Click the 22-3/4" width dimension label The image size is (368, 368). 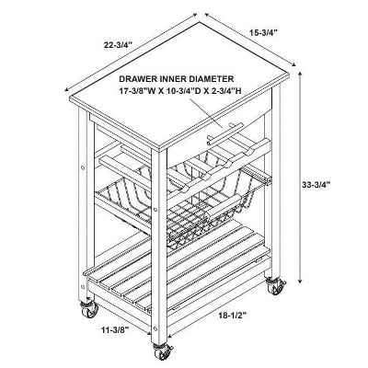pyautogui.click(x=118, y=45)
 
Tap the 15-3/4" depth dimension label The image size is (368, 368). pyautogui.click(x=263, y=31)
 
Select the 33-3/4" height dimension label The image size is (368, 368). pyautogui.click(x=316, y=185)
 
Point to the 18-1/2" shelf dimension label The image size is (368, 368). pyautogui.click(x=233, y=316)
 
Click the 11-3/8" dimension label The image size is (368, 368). pyautogui.click(x=115, y=329)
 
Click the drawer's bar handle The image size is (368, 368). pyautogui.click(x=225, y=134)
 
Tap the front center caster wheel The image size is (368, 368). pyautogui.click(x=161, y=351)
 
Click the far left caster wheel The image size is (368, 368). pyautogui.click(x=89, y=311)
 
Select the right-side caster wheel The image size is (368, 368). pyautogui.click(x=275, y=286)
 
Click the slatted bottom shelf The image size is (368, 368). pyautogui.click(x=177, y=273)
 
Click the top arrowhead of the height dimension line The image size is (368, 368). pyautogui.click(x=301, y=75)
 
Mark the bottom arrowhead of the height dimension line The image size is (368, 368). pyautogui.click(x=301, y=281)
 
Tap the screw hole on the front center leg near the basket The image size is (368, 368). pyautogui.click(x=155, y=210)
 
